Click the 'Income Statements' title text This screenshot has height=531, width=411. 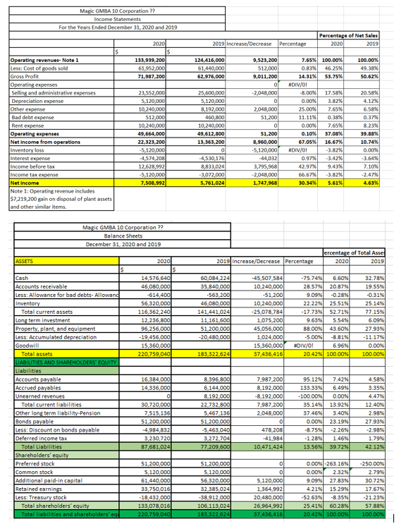point(116,19)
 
